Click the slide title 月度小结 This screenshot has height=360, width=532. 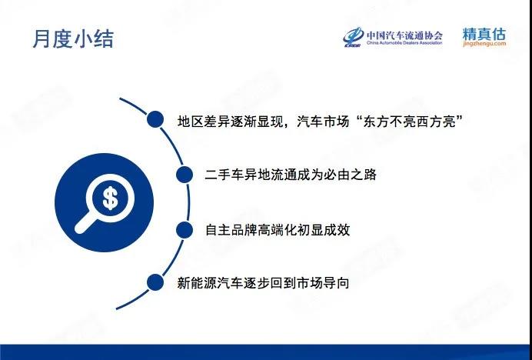coord(73,39)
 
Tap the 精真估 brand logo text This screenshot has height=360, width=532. coord(484,34)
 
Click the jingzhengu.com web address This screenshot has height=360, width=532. coord(484,44)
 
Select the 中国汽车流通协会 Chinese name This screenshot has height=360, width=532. coord(404,35)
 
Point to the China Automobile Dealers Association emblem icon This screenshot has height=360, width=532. coord(353,37)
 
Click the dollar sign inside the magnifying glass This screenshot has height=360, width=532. coord(110,198)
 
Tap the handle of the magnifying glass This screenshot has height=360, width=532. coord(86,223)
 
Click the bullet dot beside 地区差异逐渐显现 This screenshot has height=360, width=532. coord(155,119)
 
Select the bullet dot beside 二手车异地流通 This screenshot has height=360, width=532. coord(185,175)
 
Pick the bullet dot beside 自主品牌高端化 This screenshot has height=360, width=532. coord(185,230)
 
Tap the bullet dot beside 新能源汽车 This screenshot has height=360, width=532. coord(155,282)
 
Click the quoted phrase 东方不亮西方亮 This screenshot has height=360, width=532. coord(410,122)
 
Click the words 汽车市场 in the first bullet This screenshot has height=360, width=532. coord(323,122)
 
